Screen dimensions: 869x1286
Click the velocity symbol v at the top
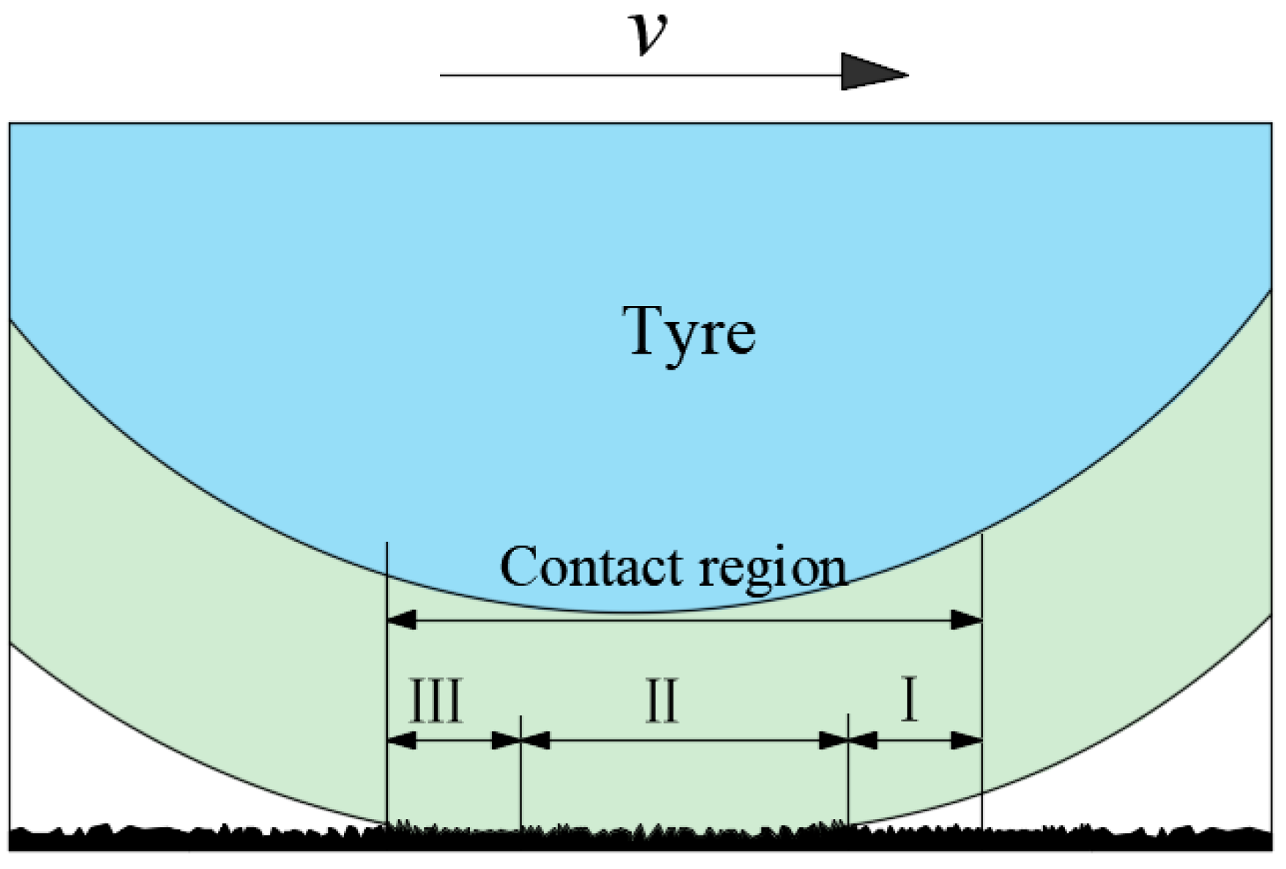[648, 35]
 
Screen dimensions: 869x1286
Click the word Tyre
[689, 332]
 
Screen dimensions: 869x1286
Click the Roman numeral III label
[436, 701]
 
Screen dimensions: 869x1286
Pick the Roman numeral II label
[662, 701]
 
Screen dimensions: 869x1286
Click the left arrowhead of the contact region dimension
[401, 621]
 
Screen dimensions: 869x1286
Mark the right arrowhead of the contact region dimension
[966, 621]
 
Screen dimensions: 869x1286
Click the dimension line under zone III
[454, 741]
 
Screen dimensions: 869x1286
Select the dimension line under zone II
[684, 741]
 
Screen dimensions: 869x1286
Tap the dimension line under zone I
[915, 741]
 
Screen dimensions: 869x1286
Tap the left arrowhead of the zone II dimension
[536, 741]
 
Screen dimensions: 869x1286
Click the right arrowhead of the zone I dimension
[966, 741]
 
